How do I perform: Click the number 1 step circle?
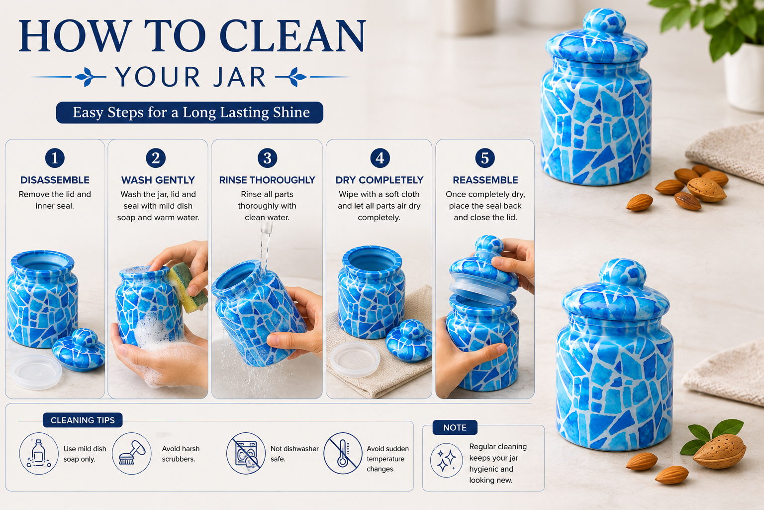[55, 158]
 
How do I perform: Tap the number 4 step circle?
[380, 158]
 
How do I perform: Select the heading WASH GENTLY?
[158, 180]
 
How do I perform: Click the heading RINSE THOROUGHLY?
[267, 180]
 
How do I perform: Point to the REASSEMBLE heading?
[485, 180]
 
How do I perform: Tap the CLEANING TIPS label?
[83, 420]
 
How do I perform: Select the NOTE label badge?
[455, 427]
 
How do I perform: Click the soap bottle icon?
[38, 453]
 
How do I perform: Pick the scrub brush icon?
[132, 453]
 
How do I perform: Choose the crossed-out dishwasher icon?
[246, 453]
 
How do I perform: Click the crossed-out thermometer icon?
[343, 453]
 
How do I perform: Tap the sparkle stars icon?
[446, 460]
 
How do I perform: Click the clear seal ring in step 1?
[36, 372]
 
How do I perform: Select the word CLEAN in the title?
[292, 36]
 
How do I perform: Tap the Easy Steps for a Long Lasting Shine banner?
[190, 113]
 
